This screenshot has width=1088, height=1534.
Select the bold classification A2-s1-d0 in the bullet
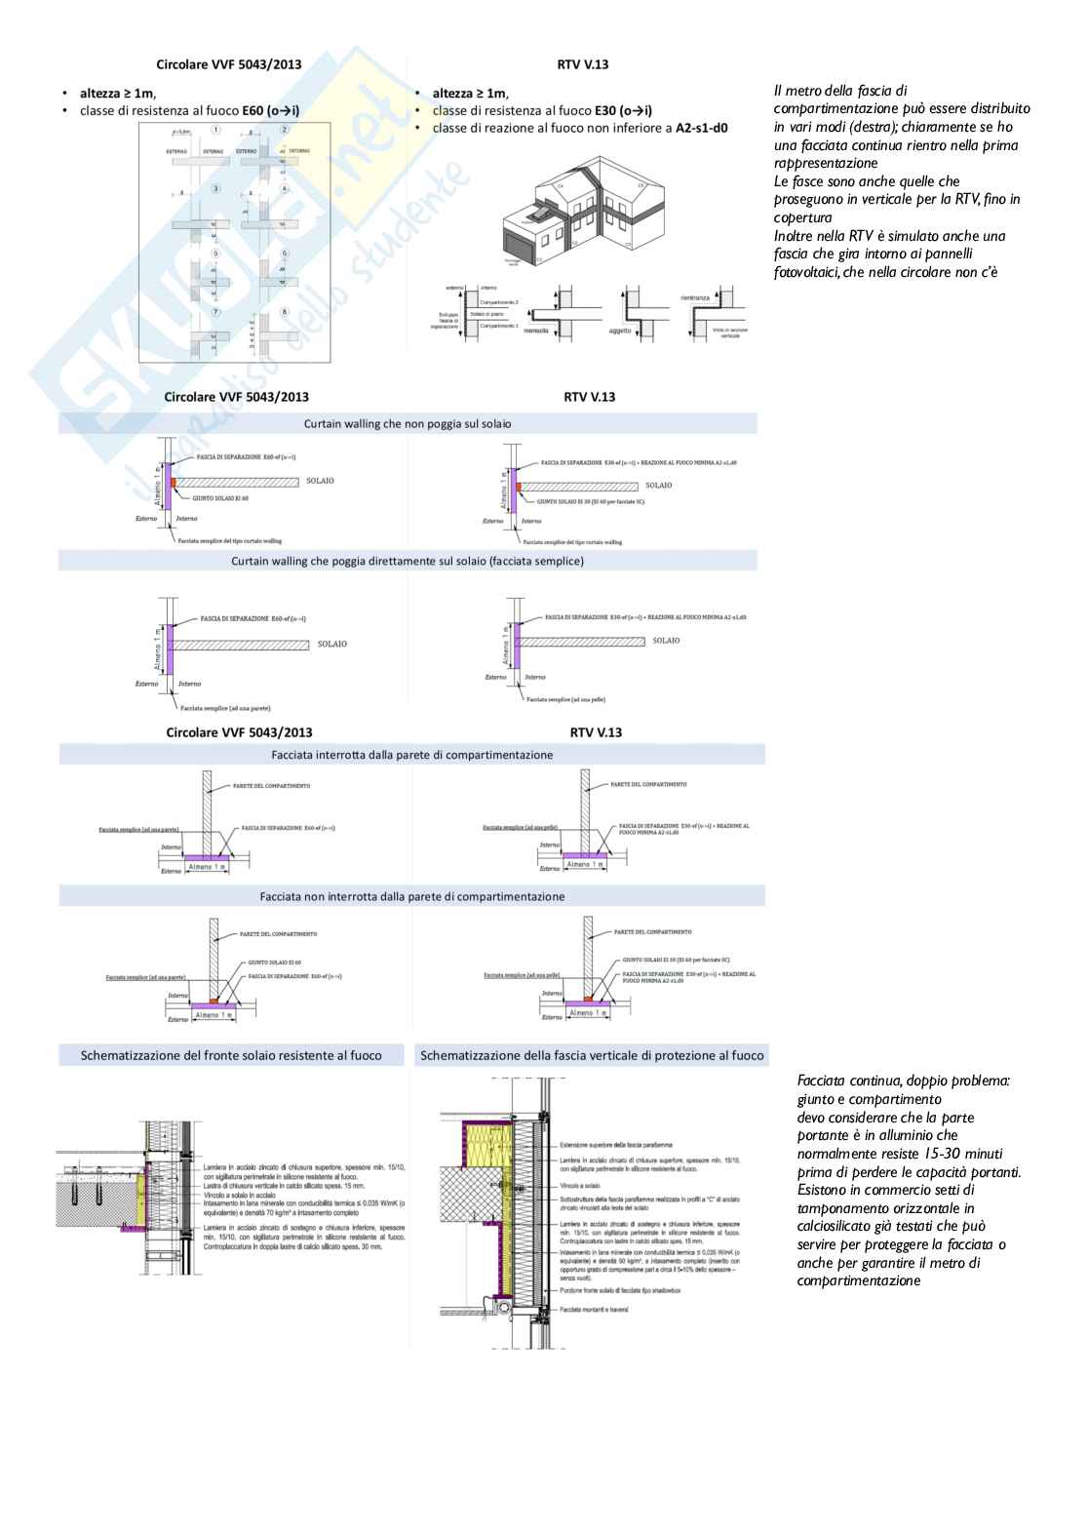coord(701,128)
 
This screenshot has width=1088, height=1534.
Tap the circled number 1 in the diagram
coord(215,130)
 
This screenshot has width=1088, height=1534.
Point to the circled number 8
coord(284,312)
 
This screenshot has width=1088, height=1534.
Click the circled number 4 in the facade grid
coord(284,188)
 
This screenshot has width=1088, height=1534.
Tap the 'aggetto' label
coord(621,331)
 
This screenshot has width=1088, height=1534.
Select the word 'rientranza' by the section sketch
coord(695,297)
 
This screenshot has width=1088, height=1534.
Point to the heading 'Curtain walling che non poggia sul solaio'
coord(408,424)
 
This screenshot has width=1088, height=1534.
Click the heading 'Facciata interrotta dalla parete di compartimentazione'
coord(411,755)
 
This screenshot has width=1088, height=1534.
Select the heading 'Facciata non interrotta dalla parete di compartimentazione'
coord(411,896)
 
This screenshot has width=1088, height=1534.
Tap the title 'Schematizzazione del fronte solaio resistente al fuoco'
coord(231,1055)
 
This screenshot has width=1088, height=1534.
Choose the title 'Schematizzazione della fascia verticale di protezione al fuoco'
coord(592,1055)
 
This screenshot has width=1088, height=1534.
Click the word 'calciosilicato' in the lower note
coord(839,1227)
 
